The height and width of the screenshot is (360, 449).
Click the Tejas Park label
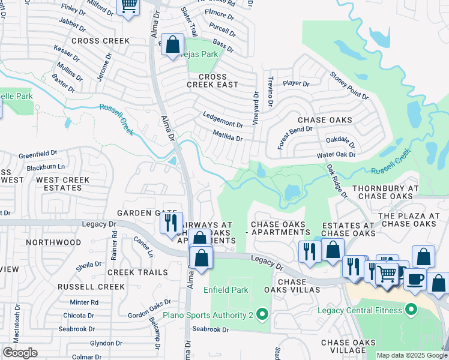(201, 53)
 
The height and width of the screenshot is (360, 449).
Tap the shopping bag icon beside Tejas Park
(172, 44)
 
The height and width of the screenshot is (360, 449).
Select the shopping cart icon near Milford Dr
(128, 7)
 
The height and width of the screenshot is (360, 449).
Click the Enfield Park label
(226, 290)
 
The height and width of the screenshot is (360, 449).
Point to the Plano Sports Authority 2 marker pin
(261, 314)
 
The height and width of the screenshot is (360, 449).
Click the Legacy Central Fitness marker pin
(411, 310)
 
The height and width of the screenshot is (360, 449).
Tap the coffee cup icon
(415, 279)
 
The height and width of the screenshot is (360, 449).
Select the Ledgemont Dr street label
(223, 125)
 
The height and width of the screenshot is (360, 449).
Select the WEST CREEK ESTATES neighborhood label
(62, 184)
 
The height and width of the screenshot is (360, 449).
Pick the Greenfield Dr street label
(37, 154)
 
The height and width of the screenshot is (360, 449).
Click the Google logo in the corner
(20, 353)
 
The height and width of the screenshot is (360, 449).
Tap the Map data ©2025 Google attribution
(411, 355)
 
